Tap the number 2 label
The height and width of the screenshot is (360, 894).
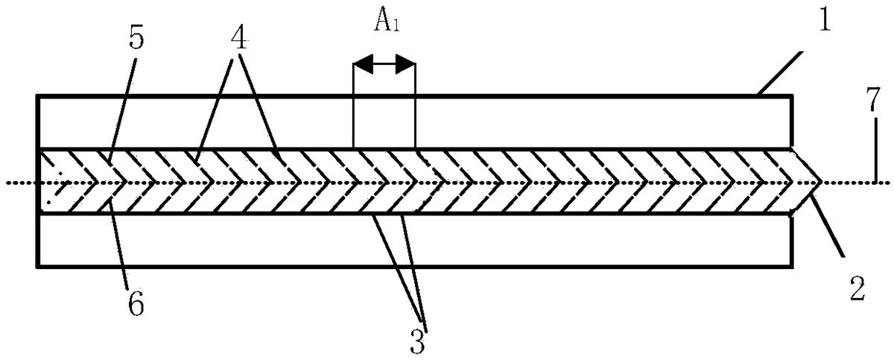click(857, 288)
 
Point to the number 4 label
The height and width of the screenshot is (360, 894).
click(238, 39)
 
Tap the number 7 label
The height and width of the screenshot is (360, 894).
click(873, 99)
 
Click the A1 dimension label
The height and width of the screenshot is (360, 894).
click(387, 21)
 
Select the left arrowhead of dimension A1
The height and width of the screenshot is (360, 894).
click(364, 64)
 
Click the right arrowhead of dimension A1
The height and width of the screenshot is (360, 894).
click(405, 64)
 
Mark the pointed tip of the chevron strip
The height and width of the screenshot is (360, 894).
click(821, 182)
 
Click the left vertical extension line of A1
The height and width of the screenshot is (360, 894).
click(354, 106)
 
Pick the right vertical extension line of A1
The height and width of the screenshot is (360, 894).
click(416, 106)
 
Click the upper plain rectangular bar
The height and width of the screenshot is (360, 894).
click(414, 122)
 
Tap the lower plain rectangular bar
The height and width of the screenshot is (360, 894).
click(414, 241)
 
